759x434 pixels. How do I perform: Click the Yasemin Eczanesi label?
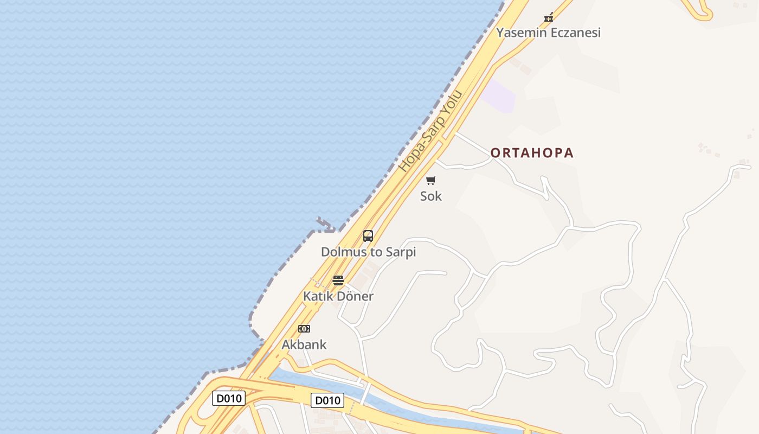(549, 33)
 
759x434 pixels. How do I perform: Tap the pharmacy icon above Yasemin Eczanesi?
(549, 17)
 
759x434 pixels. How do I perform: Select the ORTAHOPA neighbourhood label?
(532, 153)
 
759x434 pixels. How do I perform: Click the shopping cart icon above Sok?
(431, 180)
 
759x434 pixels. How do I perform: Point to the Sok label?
(431, 196)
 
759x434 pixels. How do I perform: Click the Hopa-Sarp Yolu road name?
(431, 131)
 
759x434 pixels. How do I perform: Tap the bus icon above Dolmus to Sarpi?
(368, 236)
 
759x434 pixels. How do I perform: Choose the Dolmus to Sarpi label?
(368, 252)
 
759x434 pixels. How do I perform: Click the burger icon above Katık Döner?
(338, 280)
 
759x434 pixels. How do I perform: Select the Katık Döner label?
(338, 296)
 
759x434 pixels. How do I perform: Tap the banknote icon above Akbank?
(304, 329)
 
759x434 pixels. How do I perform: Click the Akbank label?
(304, 344)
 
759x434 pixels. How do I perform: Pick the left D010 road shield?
(228, 398)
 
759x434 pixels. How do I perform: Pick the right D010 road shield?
(327, 400)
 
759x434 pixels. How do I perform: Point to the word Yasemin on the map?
(518, 33)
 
